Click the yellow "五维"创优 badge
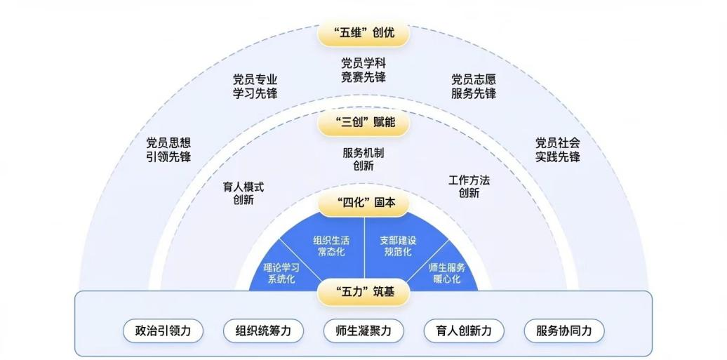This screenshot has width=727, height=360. click(x=363, y=34)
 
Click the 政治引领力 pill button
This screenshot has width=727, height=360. click(x=163, y=331)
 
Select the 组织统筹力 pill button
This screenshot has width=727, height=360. click(x=263, y=331)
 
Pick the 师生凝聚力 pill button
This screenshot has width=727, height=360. click(x=363, y=331)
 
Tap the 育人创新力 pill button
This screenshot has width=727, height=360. click(x=464, y=331)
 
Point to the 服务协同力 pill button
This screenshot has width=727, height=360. click(x=564, y=331)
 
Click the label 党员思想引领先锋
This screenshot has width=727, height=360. click(x=168, y=149)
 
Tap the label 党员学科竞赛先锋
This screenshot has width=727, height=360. click(x=363, y=70)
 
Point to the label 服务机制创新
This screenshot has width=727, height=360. click(x=363, y=159)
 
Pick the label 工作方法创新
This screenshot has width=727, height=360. click(x=469, y=187)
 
